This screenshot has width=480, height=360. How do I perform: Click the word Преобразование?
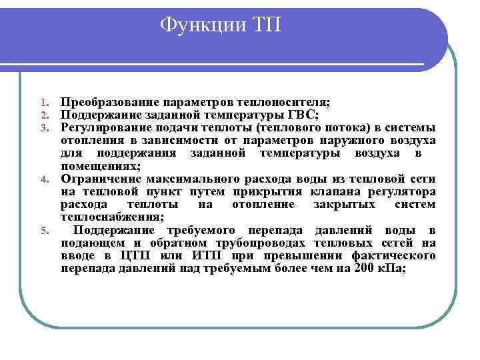pos(107,103)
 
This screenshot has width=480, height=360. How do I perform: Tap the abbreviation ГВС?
pos(303,115)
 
